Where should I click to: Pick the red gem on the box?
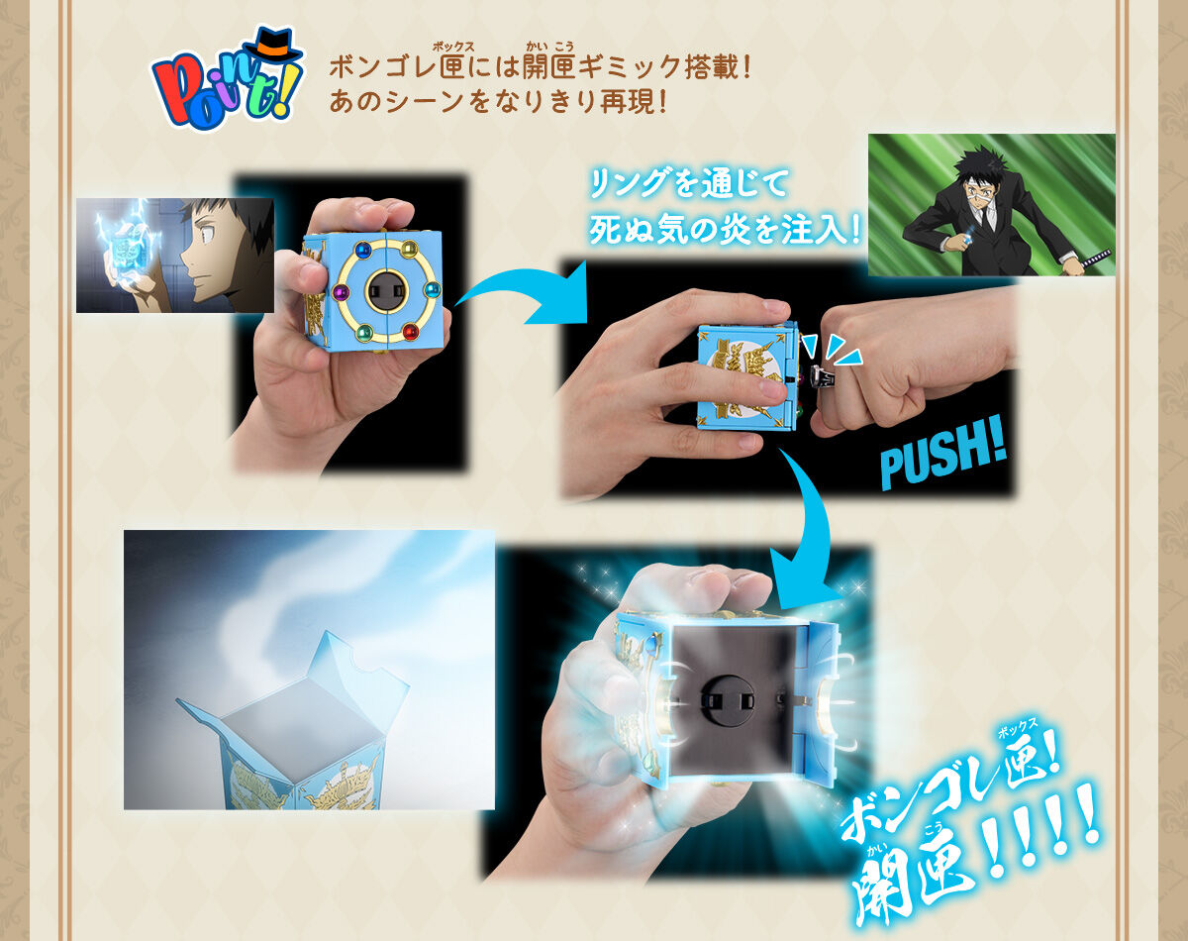point(410,331)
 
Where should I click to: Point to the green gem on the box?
point(363,332)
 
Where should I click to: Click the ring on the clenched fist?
point(823,376)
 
